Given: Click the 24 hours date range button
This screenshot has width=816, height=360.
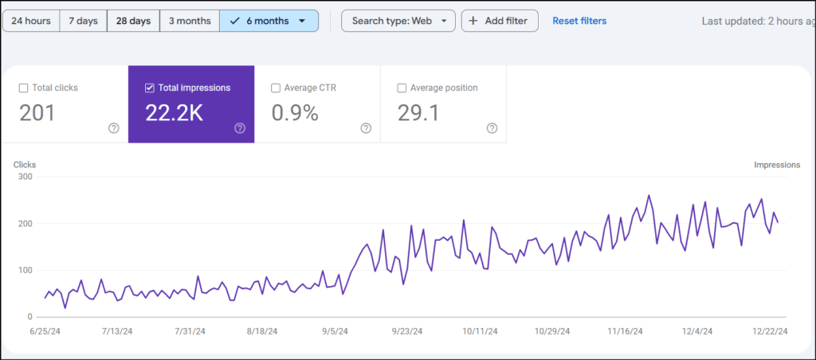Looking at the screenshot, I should [x=31, y=21].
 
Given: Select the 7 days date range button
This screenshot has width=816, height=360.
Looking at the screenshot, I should [x=84, y=21].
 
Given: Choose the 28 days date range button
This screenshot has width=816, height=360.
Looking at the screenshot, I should [x=133, y=21].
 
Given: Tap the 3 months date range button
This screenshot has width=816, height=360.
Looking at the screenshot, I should [x=189, y=21].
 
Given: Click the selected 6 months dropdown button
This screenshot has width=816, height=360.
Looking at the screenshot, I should [x=269, y=21].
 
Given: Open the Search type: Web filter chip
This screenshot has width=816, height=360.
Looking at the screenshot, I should [x=398, y=21].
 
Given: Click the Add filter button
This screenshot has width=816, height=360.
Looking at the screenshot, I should [x=500, y=21].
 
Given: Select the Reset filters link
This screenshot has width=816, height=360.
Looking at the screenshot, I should [x=579, y=21].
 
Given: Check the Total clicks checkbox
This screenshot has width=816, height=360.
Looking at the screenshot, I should [x=23, y=88].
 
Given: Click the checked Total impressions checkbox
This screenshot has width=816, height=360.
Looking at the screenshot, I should [x=149, y=88].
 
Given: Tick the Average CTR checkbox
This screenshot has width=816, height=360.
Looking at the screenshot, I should [x=276, y=88].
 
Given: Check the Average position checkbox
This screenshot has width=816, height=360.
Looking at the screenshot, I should [x=402, y=88].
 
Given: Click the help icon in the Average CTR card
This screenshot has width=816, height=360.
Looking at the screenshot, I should [x=366, y=128].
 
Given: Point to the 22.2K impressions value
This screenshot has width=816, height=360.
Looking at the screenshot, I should [x=174, y=113].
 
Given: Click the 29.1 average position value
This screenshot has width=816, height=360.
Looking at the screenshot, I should [x=418, y=113].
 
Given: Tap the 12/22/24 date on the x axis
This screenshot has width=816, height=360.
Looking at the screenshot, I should [x=771, y=331].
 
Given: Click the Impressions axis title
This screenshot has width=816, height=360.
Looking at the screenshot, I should [x=777, y=165].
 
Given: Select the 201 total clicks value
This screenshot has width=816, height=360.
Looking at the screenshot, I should [x=37, y=113].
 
